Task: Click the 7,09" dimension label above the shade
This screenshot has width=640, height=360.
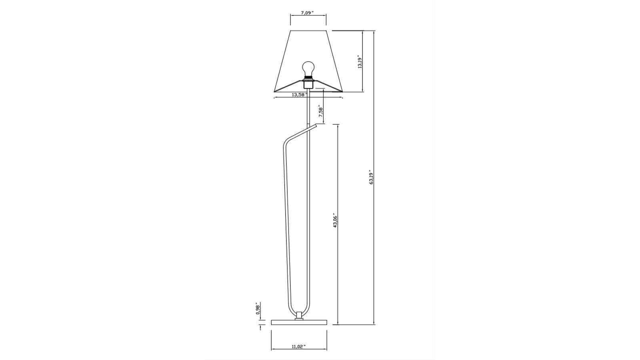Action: [x=308, y=13]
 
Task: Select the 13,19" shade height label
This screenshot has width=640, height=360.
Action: [x=360, y=62]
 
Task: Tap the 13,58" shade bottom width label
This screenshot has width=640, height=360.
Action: [x=299, y=95]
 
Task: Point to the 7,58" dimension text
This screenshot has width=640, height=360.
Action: [x=321, y=111]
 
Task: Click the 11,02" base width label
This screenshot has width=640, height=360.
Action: [x=299, y=346]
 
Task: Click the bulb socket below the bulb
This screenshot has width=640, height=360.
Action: [x=308, y=84]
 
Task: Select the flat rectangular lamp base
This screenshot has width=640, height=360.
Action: [x=299, y=322]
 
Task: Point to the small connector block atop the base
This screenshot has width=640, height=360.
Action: [x=299, y=316]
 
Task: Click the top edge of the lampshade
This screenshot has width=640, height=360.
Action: [x=308, y=30]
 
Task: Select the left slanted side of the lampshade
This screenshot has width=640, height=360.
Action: [x=282, y=61]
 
